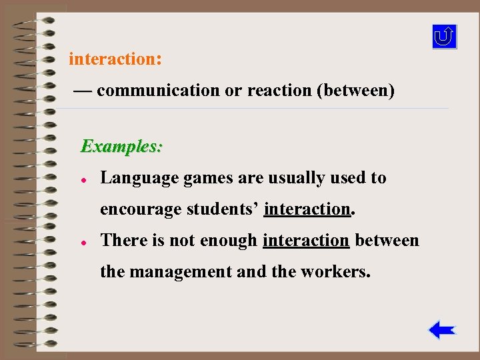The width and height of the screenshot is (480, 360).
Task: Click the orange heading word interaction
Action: click(x=113, y=59)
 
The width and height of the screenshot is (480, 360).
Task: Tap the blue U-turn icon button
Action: click(x=445, y=37)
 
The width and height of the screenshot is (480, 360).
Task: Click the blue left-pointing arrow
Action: click(x=442, y=330)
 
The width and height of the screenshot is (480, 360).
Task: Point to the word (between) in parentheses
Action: click(x=355, y=91)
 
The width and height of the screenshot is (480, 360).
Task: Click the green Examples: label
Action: click(x=121, y=146)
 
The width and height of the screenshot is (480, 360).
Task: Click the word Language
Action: click(x=131, y=179)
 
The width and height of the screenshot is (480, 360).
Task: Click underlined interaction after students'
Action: click(x=307, y=209)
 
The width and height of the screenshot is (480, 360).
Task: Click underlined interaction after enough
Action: click(x=306, y=240)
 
